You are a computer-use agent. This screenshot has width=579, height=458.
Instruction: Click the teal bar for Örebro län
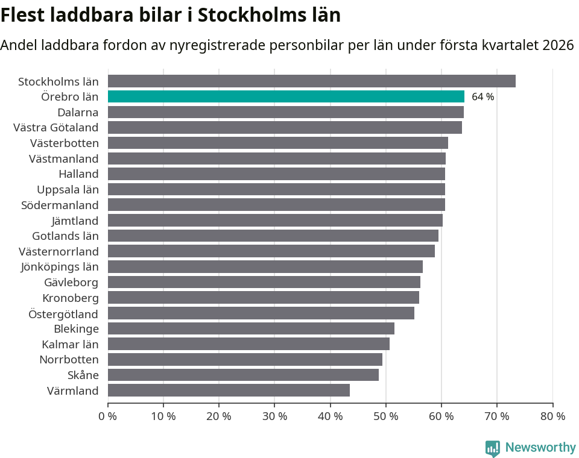[286, 96]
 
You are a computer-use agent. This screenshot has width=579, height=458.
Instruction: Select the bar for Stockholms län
[311, 81]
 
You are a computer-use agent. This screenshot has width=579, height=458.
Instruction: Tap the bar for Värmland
[229, 391]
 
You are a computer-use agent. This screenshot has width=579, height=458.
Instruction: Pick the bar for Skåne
[243, 375]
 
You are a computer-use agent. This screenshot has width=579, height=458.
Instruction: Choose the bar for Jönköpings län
[265, 266]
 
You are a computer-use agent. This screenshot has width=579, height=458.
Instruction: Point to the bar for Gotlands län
[273, 236]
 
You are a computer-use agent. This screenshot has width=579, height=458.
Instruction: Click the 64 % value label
[482, 97]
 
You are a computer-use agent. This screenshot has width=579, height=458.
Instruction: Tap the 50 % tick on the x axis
[385, 416]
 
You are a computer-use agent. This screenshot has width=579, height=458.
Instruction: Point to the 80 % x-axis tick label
[552, 416]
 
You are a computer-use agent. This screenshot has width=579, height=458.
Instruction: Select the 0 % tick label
[107, 416]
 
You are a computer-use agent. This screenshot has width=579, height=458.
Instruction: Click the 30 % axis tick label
[274, 416]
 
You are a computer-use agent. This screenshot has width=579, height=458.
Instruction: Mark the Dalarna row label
[78, 112]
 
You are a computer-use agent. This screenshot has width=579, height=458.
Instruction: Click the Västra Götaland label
[55, 127]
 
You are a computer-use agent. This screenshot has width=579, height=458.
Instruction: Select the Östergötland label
[63, 313]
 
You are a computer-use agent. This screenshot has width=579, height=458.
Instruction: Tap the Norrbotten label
[69, 360]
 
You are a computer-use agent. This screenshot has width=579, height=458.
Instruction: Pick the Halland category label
[78, 174]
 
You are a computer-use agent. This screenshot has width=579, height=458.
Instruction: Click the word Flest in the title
[24, 14]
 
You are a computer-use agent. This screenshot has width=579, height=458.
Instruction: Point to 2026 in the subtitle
[558, 45]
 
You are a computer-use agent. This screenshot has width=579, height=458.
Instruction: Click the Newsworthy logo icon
[493, 448]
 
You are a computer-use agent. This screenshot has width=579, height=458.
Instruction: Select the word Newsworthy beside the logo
[540, 447]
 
